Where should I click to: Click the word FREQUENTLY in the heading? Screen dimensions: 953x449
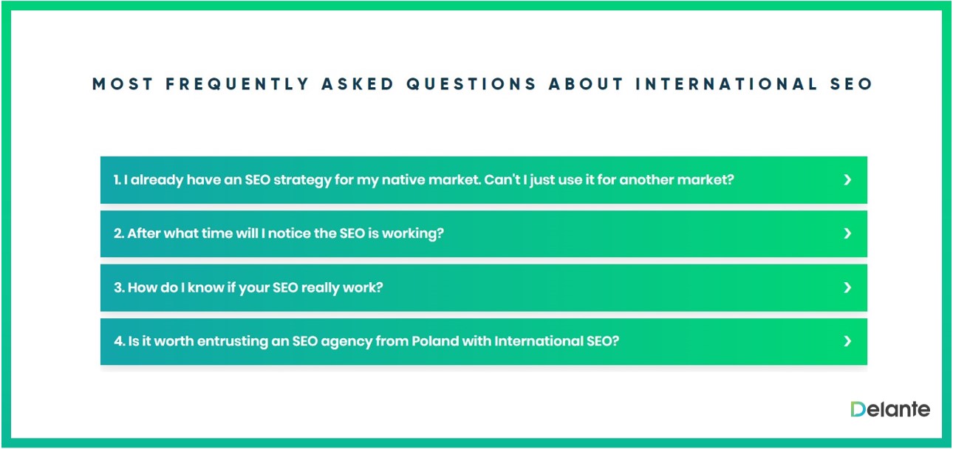(x=237, y=83)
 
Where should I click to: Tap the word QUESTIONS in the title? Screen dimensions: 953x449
(x=471, y=83)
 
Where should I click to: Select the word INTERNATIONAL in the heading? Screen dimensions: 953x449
(x=726, y=83)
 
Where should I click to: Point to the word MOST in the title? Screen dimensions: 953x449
(x=122, y=83)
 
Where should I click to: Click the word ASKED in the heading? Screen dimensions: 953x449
(x=358, y=83)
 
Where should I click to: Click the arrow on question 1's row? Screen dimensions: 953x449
(x=847, y=180)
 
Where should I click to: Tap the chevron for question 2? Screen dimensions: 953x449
(x=847, y=233)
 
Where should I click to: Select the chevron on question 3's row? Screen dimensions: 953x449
(x=847, y=287)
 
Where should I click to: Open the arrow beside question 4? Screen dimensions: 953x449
(x=847, y=341)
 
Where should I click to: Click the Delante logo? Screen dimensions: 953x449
(x=890, y=409)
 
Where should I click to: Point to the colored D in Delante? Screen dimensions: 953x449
(x=858, y=409)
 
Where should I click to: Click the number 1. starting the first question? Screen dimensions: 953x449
(x=117, y=180)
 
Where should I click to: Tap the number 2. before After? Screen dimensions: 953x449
(x=119, y=233)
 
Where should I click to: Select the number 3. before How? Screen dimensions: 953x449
(x=119, y=287)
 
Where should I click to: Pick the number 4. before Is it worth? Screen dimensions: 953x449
(x=119, y=341)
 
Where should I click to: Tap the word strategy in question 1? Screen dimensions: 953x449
(x=302, y=181)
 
